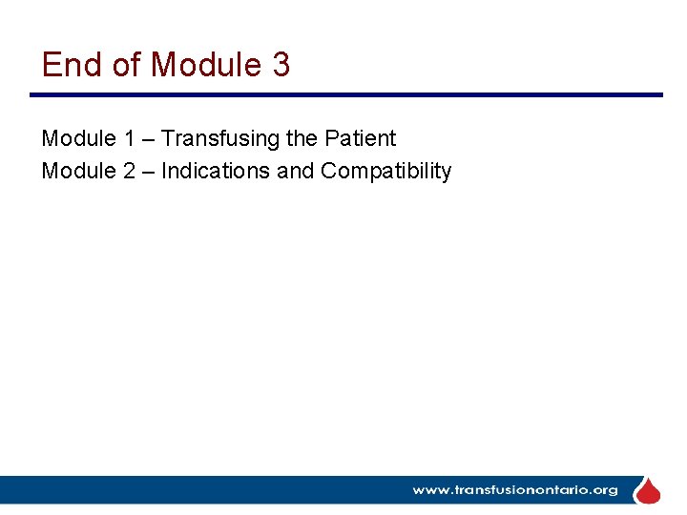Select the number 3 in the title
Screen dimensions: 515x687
281,65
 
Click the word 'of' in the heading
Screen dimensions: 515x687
126,65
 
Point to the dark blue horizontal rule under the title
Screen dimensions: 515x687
345,94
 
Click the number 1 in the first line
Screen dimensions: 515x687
129,138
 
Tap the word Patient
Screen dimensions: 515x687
360,138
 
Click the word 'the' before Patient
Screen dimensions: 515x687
302,138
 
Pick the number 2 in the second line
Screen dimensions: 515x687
129,171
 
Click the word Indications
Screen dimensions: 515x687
216,171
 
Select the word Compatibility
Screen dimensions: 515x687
385,171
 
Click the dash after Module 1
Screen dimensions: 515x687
149,139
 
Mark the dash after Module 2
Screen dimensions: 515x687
149,172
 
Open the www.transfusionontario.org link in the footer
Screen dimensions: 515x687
514,490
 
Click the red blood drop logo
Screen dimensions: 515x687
648,490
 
